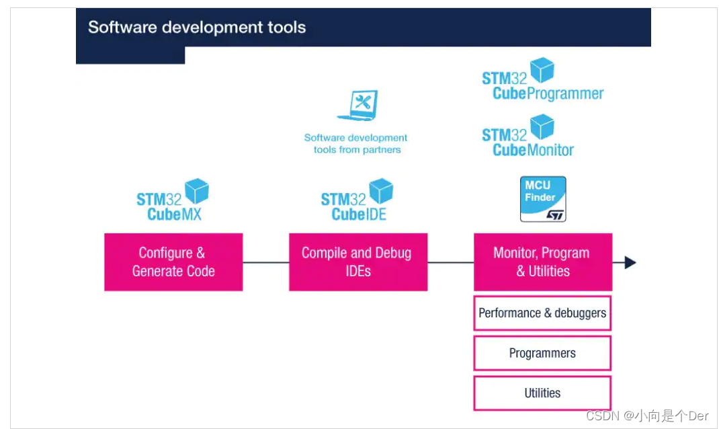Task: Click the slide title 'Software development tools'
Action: pyautogui.click(x=197, y=28)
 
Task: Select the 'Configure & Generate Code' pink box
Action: pyautogui.click(x=173, y=262)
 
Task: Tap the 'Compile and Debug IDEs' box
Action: pyautogui.click(x=357, y=262)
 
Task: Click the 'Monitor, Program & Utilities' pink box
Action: pyautogui.click(x=542, y=262)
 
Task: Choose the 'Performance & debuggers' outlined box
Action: pyautogui.click(x=542, y=313)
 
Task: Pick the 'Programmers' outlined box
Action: pyautogui.click(x=542, y=353)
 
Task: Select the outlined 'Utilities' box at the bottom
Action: pyautogui.click(x=542, y=393)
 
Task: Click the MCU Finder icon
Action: pyautogui.click(x=543, y=199)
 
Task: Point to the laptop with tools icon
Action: pyautogui.click(x=358, y=106)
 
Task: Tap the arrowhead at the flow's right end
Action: pyautogui.click(x=630, y=262)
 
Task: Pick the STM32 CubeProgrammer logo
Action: pyautogui.click(x=542, y=80)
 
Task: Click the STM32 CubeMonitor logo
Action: pyautogui.click(x=527, y=136)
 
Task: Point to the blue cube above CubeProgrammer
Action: pyautogui.click(x=542, y=70)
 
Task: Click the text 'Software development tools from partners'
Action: pyautogui.click(x=356, y=143)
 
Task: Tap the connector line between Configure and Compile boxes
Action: pyautogui.click(x=265, y=262)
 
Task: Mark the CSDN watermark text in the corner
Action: pyautogui.click(x=647, y=416)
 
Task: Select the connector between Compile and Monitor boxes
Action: pyautogui.click(x=450, y=262)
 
